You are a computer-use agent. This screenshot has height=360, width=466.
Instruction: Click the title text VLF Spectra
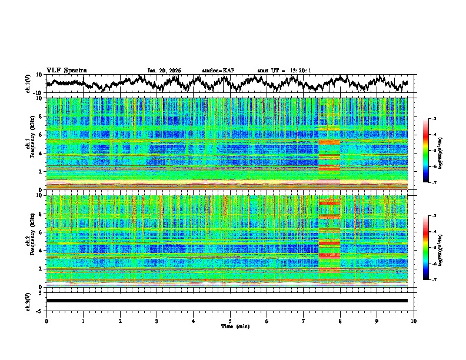pos(66,70)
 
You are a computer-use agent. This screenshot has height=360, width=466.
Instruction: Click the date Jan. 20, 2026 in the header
pos(164,71)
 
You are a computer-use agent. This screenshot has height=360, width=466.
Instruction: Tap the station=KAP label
pos(218,71)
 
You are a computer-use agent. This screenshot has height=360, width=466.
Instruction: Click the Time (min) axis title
pos(230,326)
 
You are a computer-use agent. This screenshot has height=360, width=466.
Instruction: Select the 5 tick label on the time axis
pos(230,321)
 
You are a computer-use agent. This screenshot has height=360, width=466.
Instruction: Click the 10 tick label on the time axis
pos(414,321)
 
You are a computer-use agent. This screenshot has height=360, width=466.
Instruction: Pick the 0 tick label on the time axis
pos(46,321)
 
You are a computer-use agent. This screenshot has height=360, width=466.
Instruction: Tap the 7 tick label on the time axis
pos(304,321)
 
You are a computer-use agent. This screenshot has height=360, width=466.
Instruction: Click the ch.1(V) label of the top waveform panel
pos(28,84)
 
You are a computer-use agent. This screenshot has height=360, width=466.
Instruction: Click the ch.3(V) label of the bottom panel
pos(28,301)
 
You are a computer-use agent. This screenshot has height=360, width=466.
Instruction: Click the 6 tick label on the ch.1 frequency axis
pos(41,135)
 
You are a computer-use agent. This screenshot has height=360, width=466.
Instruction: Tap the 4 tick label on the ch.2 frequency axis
pos(41,250)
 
